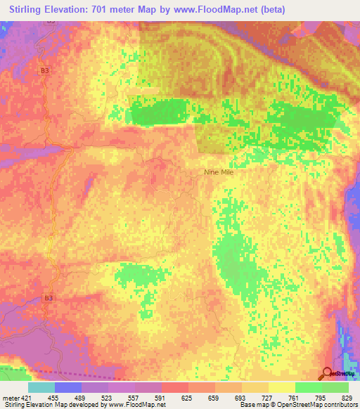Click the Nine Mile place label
(218, 171)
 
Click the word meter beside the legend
(10, 397)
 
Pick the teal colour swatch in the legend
(41, 387)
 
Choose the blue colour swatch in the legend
(68, 387)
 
